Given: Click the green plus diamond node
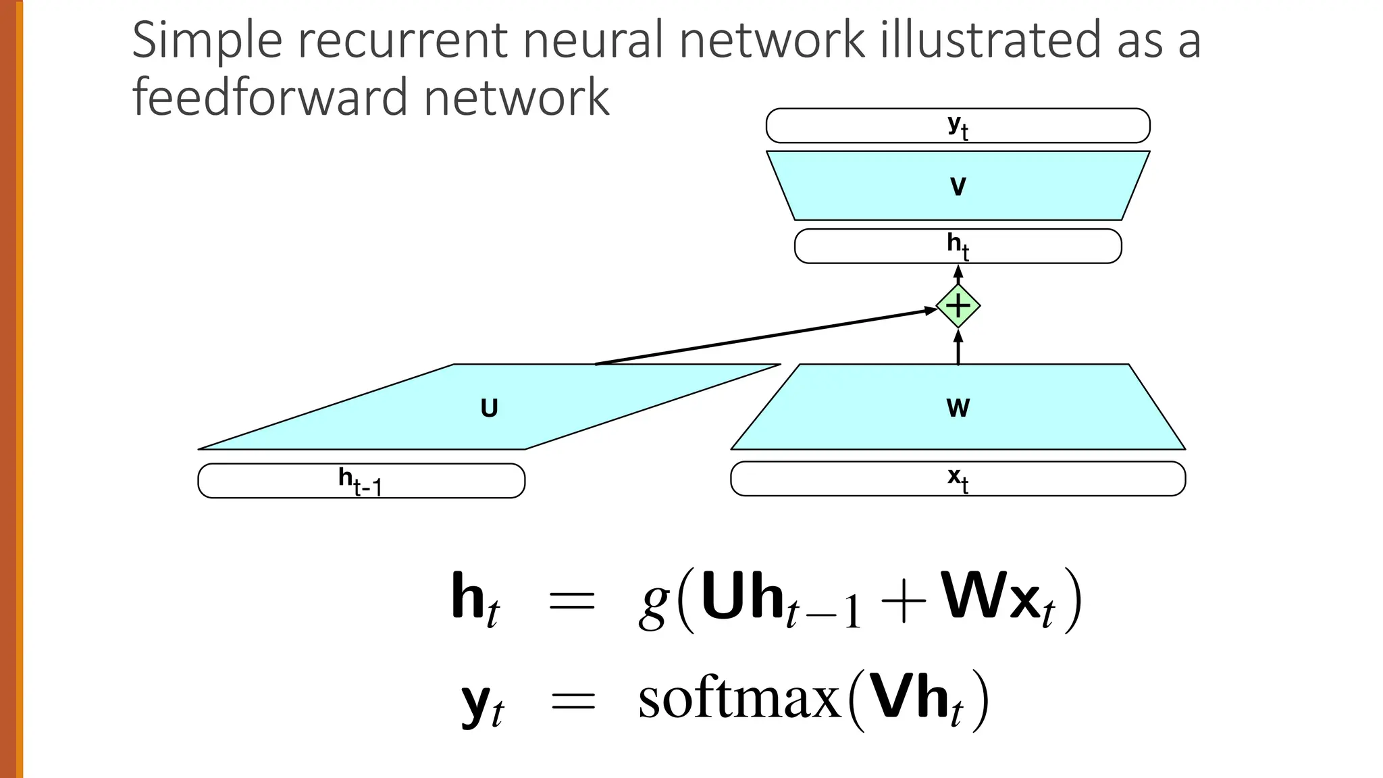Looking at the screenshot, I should coord(958,307).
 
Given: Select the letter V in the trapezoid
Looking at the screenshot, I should coord(958,186).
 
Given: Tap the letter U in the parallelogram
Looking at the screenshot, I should coord(489,409).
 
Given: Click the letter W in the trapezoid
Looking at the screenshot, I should coord(958,408).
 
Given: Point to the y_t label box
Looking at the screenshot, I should coord(958,126).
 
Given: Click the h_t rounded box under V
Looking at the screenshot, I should coord(958,246).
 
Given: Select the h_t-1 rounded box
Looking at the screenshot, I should coord(361,481).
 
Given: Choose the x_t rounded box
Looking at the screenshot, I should coord(958,479).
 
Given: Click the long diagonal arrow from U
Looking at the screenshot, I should coord(763,336).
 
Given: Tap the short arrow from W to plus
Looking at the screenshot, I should coord(958,346).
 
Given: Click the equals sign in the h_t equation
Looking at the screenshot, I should coord(572,600).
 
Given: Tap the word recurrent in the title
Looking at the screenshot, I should coord(402,41).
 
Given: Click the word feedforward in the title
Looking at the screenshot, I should coord(271,97).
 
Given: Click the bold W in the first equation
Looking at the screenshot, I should coord(971,594).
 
